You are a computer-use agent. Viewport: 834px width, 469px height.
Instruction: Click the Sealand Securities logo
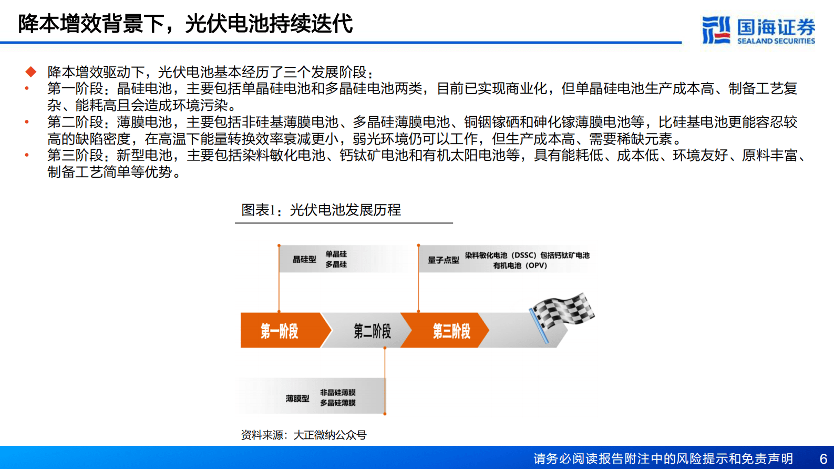click(758, 30)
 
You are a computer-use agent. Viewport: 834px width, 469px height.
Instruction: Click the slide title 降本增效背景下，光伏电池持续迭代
click(185, 24)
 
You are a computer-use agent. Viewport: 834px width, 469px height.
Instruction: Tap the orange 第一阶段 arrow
click(280, 331)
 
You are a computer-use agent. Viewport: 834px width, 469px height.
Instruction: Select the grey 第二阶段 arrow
click(372, 331)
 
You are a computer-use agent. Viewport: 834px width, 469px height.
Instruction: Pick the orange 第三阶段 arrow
click(451, 331)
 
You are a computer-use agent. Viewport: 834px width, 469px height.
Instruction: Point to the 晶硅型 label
click(304, 259)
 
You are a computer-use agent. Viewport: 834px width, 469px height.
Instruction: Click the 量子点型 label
click(443, 260)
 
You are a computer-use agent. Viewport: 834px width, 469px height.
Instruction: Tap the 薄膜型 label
click(297, 399)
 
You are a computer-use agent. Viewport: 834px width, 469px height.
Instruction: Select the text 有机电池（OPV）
click(520, 266)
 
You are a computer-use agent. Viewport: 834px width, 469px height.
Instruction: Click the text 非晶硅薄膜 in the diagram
click(337, 393)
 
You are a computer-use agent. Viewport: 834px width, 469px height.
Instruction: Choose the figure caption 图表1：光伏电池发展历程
click(321, 210)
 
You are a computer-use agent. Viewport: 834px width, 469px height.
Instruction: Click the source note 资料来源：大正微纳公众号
click(303, 435)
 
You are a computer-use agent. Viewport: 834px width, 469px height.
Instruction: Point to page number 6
click(823, 458)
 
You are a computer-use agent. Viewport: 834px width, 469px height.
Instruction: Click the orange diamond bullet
click(31, 72)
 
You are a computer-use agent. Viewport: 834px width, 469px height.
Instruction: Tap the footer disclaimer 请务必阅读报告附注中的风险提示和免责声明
click(663, 458)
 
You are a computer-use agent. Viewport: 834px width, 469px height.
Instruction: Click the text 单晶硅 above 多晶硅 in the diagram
click(336, 254)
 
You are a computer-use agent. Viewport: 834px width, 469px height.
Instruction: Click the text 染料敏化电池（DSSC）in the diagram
click(500, 255)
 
